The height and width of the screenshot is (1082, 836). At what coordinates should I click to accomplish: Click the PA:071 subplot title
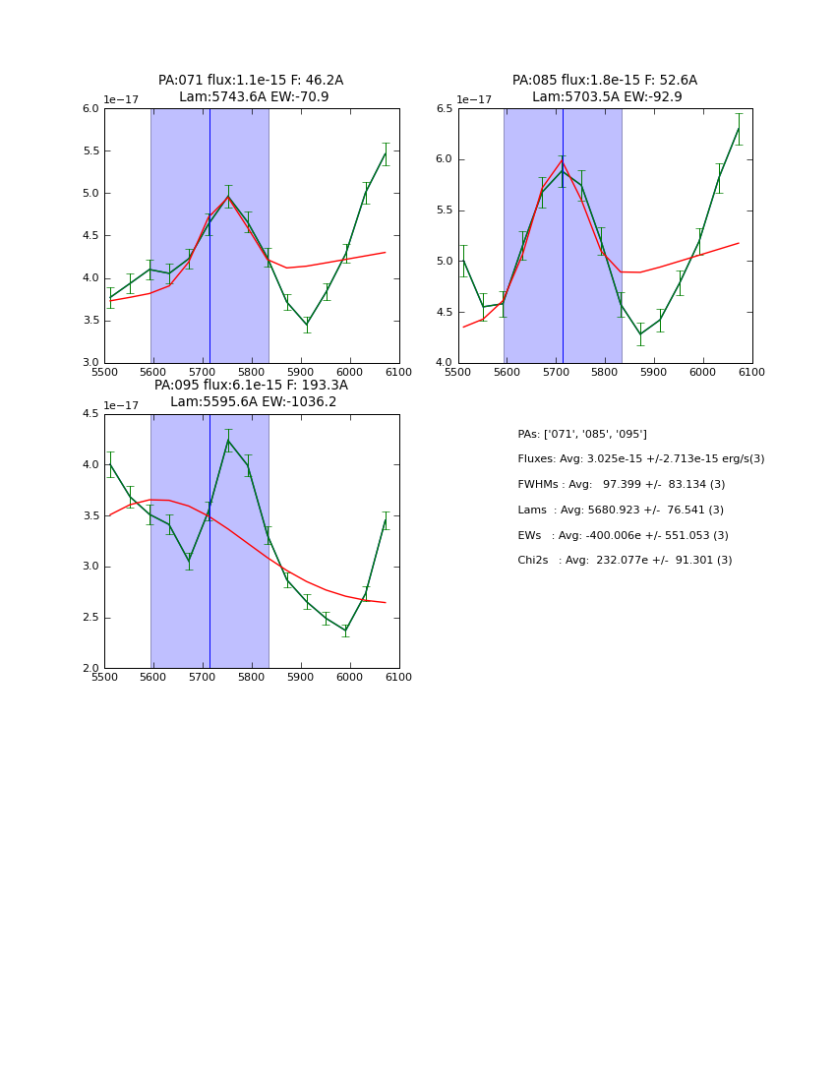point(251,89)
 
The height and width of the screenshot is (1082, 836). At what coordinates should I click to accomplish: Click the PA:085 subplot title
point(605,89)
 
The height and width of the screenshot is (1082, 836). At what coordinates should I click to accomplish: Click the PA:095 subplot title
point(251,393)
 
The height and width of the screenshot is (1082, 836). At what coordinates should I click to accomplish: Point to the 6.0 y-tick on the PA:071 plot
point(90,109)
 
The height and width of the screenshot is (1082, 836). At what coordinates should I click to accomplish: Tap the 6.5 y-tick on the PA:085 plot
point(444,109)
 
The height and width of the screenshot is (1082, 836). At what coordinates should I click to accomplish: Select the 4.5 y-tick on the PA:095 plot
point(90,414)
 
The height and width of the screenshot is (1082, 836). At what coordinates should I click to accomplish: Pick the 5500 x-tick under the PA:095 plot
point(104,677)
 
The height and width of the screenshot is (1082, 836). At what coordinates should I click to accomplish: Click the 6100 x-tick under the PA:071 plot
point(399,372)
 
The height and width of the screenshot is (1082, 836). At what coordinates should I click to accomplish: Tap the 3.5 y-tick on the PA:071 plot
point(90,321)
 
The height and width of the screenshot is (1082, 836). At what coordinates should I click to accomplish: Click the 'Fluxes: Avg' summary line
point(640,459)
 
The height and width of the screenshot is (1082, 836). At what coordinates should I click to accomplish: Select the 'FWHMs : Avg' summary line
point(621,485)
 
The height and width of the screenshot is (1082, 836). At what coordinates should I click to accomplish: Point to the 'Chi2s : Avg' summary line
point(625,561)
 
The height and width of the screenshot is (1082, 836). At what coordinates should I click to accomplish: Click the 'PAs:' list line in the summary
point(582,435)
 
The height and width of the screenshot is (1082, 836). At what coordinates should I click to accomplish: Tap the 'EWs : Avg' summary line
point(623,536)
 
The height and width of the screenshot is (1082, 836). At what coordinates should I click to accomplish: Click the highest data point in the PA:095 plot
point(228,441)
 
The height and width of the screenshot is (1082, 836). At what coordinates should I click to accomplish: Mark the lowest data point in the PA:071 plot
point(307,325)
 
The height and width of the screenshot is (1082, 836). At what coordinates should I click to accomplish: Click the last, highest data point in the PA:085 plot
point(739,129)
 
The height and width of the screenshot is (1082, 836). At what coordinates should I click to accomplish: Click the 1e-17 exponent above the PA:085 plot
point(475,100)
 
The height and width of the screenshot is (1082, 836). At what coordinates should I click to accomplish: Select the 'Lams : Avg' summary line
point(621,511)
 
